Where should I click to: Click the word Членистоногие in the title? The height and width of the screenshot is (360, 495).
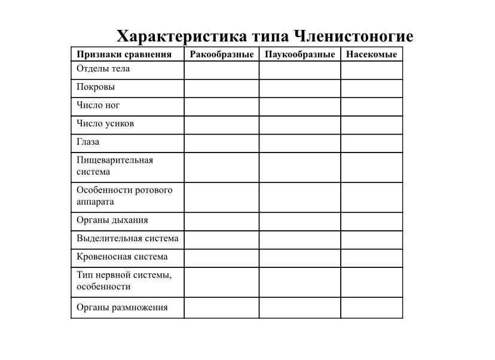point(353,36)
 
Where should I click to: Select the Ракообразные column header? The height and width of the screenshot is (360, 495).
point(222,54)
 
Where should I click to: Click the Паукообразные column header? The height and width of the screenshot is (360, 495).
point(300,54)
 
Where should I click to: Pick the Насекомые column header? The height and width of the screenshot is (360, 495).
point(371,54)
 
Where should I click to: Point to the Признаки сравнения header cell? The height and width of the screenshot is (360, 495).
point(124,54)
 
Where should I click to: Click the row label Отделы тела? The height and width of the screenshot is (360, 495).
point(103,69)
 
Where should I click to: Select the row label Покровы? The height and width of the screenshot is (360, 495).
point(96,87)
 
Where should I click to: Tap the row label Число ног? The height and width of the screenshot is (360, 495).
point(98,105)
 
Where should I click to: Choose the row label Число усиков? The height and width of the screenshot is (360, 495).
point(105,124)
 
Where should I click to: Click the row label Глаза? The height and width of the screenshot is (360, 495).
point(88,142)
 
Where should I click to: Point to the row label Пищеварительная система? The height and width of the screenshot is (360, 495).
point(115,166)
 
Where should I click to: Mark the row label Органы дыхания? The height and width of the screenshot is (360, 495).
point(112,220)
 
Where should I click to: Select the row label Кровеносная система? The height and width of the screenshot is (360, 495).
point(122,257)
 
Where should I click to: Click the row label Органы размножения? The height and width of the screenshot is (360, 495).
point(122,307)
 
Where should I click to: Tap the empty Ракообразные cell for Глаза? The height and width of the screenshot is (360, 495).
point(221,143)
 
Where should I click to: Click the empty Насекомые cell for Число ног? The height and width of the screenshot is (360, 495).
point(371,106)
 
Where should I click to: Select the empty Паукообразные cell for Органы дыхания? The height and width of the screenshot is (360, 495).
point(300,221)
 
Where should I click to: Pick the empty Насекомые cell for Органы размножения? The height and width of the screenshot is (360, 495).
point(371,308)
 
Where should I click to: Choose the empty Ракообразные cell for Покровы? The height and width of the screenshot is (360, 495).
point(221,88)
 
